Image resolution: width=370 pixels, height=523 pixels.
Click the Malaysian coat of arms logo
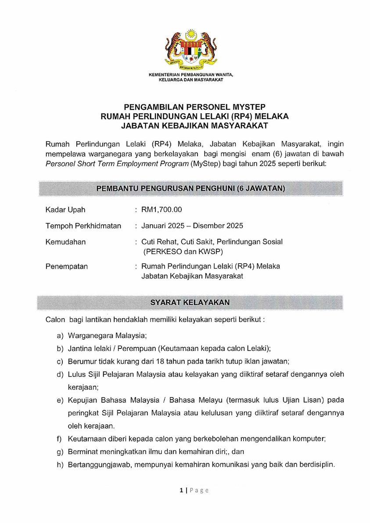(190, 50)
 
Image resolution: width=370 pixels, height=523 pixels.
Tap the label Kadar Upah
(65, 210)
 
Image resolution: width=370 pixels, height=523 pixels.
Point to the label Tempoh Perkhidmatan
(83, 226)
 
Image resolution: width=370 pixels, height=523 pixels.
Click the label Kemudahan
(66, 242)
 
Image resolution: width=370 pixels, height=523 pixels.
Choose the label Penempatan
(67, 266)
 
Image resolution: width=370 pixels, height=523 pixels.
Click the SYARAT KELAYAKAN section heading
(190, 302)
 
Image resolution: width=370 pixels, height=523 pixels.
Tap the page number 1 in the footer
(181, 490)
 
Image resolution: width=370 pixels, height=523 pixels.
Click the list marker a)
(60, 336)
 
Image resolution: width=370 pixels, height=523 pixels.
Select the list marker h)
(60, 465)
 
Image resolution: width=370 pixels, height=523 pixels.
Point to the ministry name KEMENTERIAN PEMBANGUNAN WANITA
(190, 75)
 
